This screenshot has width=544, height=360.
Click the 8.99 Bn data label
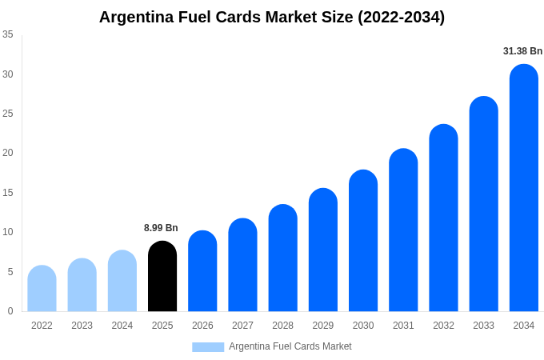pos(161,228)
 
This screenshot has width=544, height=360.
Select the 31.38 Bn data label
pos(522,51)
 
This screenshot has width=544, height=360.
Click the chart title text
pos(272,17)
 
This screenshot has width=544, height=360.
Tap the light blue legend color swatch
pos(208,346)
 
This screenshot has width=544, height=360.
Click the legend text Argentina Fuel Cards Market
pos(290,346)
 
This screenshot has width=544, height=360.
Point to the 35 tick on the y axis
pos(8,34)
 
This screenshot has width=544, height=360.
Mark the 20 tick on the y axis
pos(8,153)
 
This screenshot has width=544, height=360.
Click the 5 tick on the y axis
pos(10,272)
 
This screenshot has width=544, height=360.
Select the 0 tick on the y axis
pos(10,311)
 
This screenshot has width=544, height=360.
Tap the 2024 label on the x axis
pos(122,326)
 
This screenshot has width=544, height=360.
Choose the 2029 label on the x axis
pos(323,326)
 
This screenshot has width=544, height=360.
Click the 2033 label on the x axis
pos(483,326)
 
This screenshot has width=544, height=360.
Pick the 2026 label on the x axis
pos(202,326)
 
